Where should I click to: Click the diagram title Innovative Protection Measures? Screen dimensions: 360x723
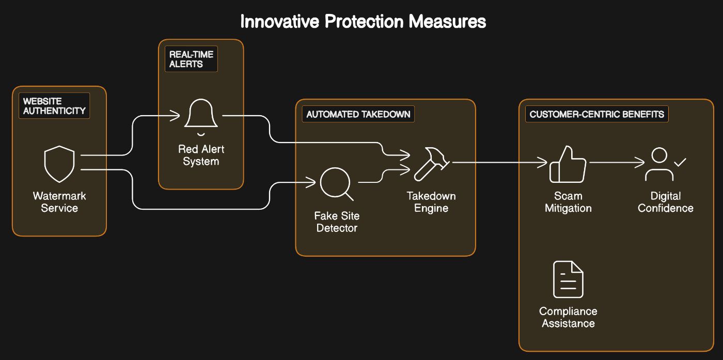point(363,22)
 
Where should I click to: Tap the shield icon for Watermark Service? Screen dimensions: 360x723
point(59,164)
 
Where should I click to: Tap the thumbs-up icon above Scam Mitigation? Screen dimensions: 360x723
point(568,164)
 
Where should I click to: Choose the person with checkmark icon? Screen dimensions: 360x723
point(664,164)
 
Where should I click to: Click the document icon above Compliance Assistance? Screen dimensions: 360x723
point(568,279)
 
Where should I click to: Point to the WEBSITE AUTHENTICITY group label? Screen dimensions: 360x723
point(54,106)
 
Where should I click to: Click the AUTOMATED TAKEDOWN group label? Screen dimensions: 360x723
point(358,114)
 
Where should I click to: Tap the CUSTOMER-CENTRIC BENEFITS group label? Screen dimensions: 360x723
point(596,114)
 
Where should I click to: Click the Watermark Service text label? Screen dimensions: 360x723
point(59,202)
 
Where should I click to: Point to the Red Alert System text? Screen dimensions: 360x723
point(201,155)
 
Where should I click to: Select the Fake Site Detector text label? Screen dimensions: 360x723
point(337,222)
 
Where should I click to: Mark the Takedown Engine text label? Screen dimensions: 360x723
point(431,202)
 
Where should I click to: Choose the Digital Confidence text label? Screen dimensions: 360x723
point(665,202)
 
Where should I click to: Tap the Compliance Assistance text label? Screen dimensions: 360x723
point(568,317)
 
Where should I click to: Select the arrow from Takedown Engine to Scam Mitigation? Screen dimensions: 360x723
point(498,163)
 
